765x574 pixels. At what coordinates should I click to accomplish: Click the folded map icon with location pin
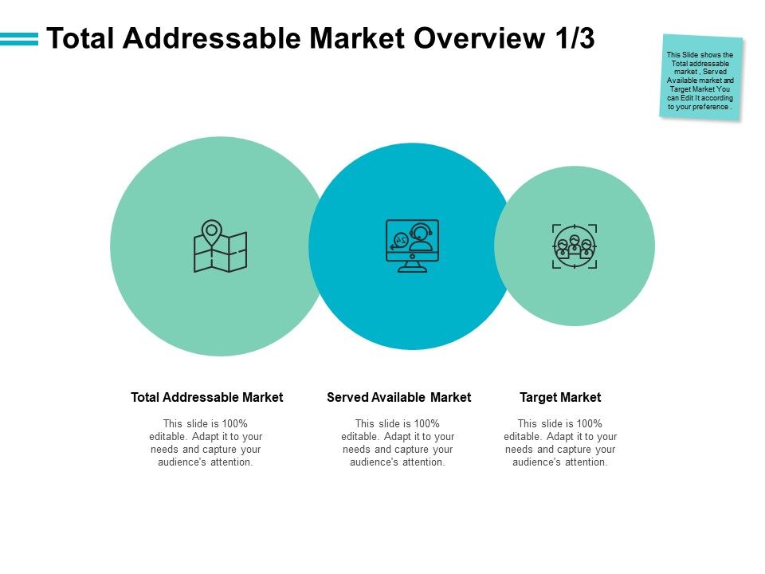[x=220, y=247]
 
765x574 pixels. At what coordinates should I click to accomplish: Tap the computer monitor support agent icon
[x=412, y=246]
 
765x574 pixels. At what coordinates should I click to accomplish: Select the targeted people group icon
[x=575, y=246]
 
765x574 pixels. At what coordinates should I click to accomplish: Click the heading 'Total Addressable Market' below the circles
[x=207, y=397]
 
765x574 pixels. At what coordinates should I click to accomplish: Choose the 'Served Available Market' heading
[x=399, y=397]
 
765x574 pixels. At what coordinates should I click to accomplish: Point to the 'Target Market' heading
[x=560, y=397]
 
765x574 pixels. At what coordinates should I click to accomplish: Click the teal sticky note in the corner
[x=701, y=77]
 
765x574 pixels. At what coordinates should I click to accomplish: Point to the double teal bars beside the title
[x=19, y=38]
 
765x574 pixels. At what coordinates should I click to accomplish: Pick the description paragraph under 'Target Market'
[x=560, y=442]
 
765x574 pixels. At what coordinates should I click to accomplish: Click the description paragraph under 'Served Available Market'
[x=398, y=442]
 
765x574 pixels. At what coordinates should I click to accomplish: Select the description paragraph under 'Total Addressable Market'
[x=206, y=442]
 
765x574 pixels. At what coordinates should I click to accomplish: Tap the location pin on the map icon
[x=211, y=231]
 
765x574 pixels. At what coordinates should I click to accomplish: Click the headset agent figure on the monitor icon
[x=421, y=238]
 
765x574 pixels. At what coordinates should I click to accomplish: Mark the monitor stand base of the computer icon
[x=412, y=269]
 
